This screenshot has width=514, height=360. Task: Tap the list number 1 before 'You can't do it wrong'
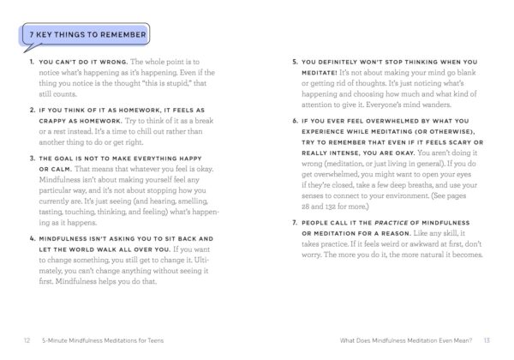(x=30, y=63)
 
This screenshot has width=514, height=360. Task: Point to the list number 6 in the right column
(x=296, y=120)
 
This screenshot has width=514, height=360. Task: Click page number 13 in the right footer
(x=487, y=339)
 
